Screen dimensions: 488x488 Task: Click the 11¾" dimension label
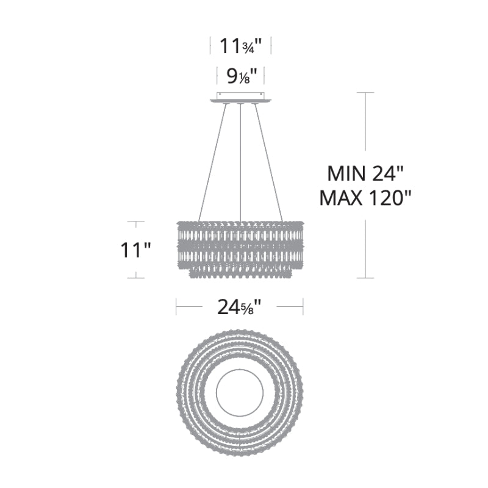click(x=240, y=46)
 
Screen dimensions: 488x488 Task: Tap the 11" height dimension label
click(x=135, y=250)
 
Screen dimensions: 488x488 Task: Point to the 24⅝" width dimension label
click(x=239, y=307)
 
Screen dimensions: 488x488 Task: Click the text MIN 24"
click(x=365, y=174)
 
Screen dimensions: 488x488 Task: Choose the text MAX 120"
click(x=365, y=198)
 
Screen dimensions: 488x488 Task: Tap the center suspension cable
click(x=240, y=162)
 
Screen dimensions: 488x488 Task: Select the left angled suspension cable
click(x=212, y=162)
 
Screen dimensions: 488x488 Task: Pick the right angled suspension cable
click(x=269, y=162)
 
